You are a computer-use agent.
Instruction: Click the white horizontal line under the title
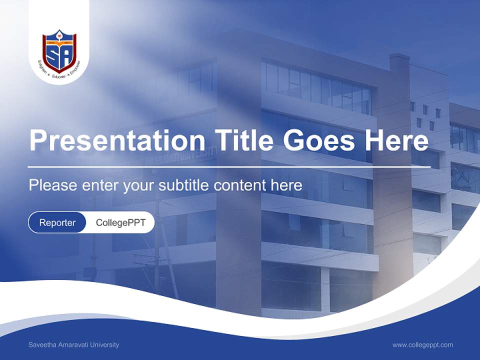click(229, 166)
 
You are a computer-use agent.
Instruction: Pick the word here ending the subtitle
click(286, 185)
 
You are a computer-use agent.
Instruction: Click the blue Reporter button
click(57, 222)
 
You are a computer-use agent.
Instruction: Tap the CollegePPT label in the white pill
click(120, 222)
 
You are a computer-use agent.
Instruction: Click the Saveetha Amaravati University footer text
click(74, 345)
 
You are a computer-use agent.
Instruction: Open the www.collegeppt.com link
click(422, 345)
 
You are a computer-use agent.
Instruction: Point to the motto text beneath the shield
click(59, 74)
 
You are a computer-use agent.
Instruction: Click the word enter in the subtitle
click(99, 185)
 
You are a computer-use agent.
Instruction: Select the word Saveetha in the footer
click(41, 345)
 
